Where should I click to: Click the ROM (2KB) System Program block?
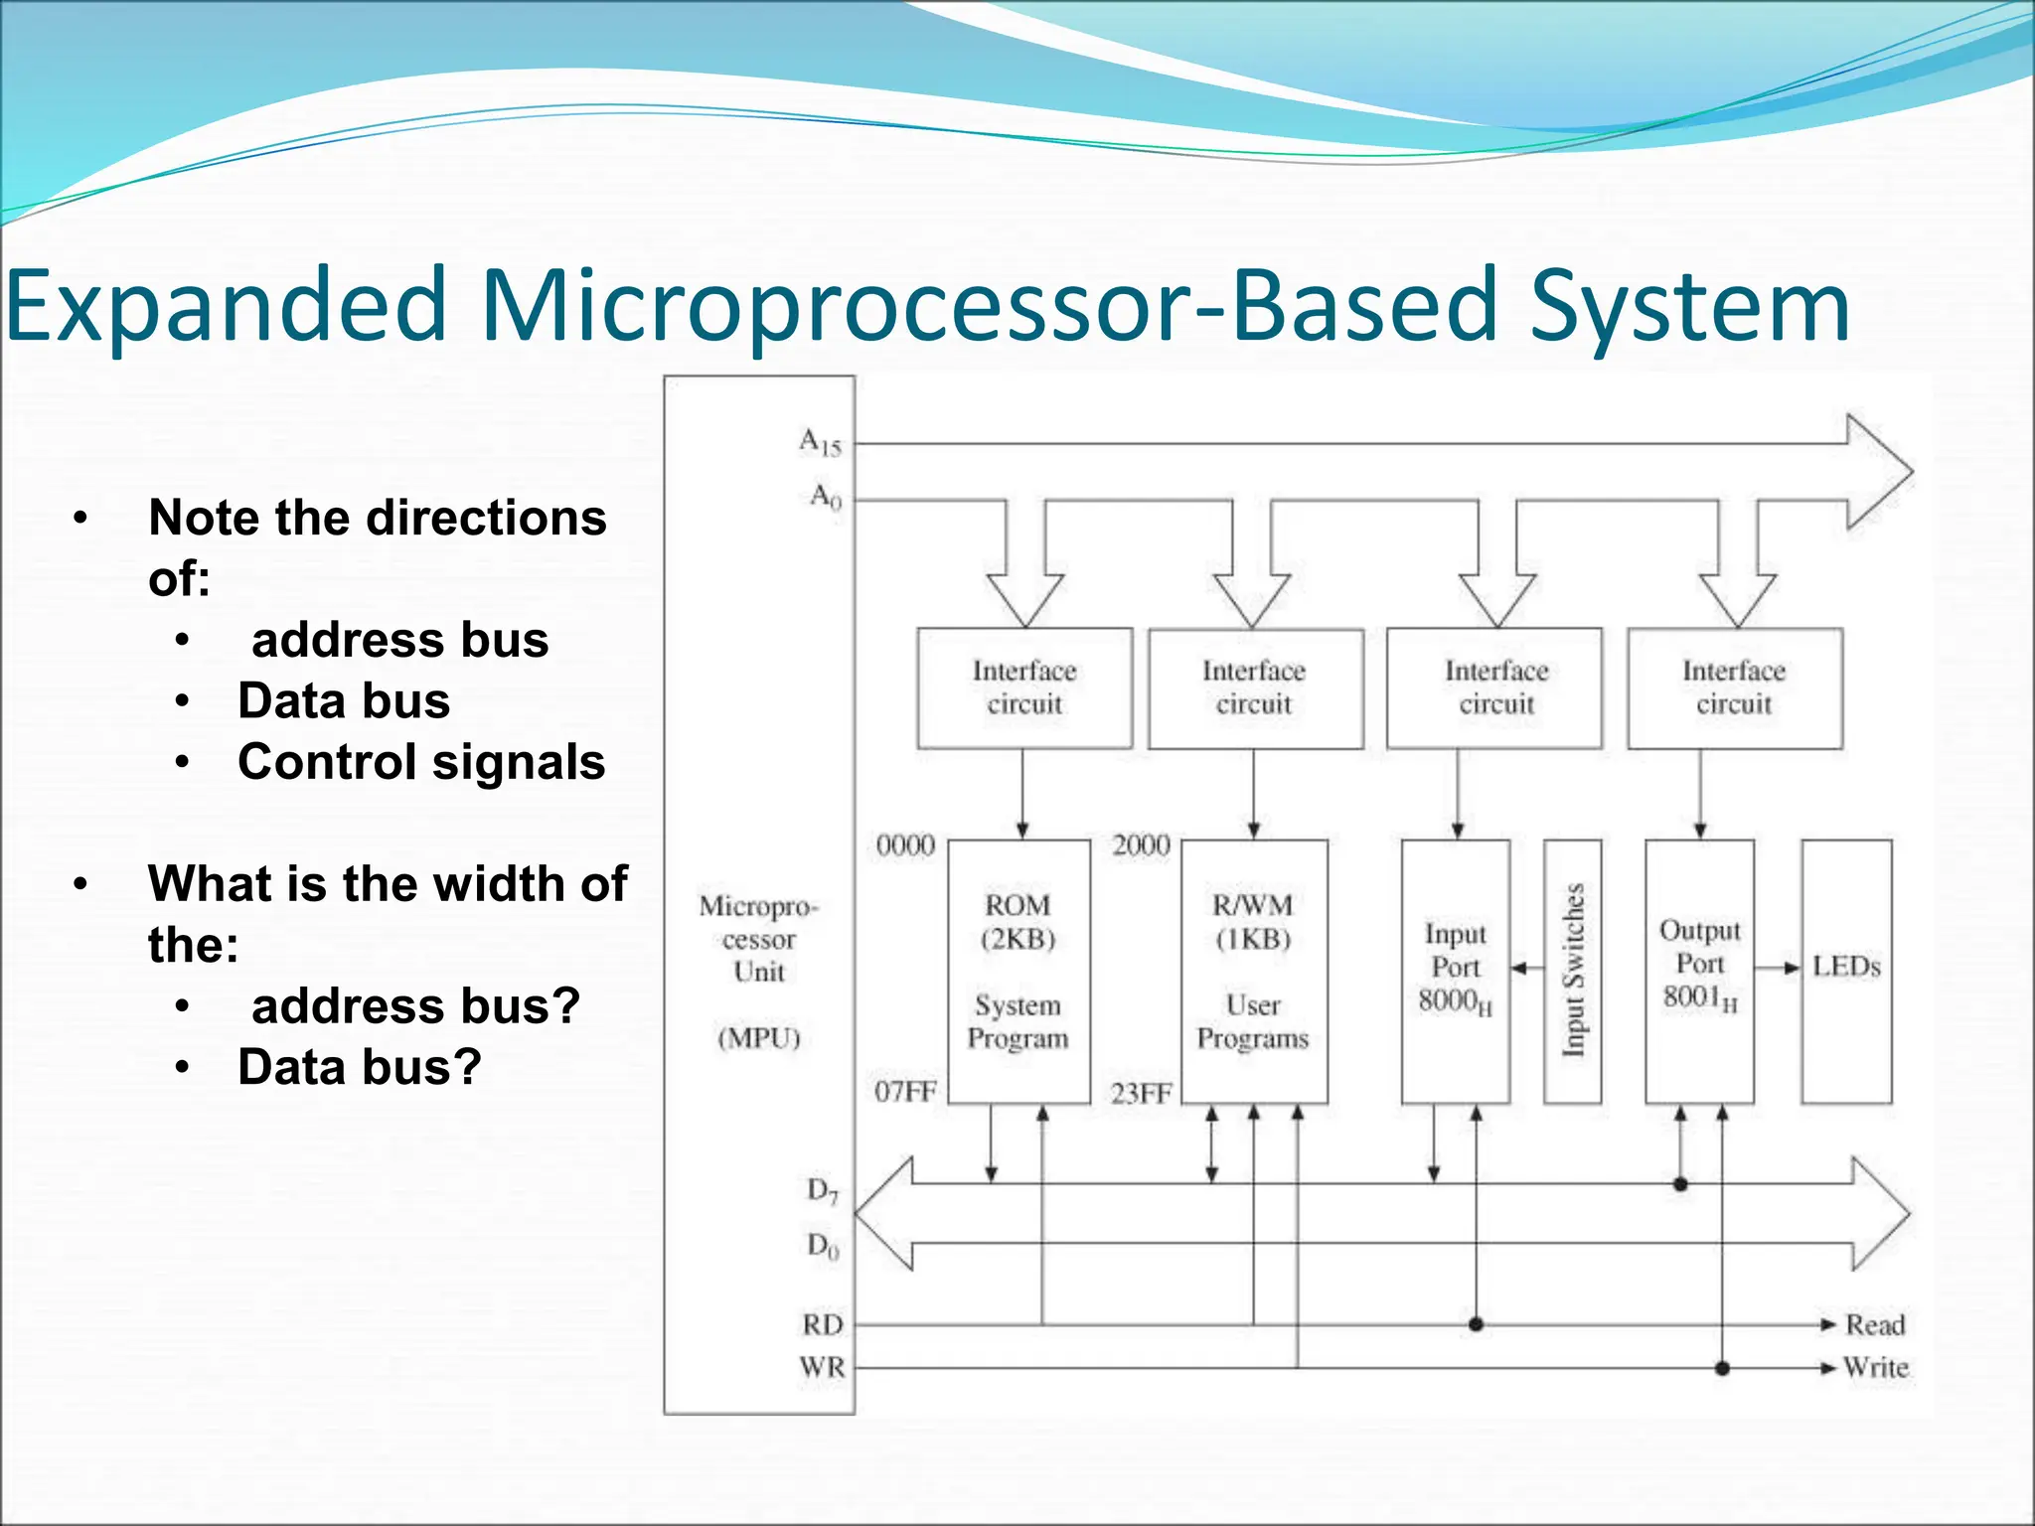[x=1018, y=971]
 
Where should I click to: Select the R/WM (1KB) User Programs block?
[x=1253, y=971]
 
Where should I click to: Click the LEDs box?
[x=1846, y=969]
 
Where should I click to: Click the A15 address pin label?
[x=821, y=442]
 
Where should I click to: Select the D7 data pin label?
[x=823, y=1190]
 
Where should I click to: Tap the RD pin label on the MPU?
[x=823, y=1324]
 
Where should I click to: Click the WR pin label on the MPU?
[x=823, y=1368]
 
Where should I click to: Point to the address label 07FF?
[x=905, y=1092]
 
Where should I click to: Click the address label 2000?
[x=1141, y=845]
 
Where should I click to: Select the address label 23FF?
[x=1141, y=1094]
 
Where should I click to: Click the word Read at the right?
[x=1875, y=1324]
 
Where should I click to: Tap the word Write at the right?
[x=1876, y=1368]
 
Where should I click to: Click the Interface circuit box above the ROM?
[x=1024, y=687]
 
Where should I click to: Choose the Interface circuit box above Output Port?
[x=1734, y=687]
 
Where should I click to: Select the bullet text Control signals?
[x=421, y=763]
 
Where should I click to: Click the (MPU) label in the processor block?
[x=759, y=1038]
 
